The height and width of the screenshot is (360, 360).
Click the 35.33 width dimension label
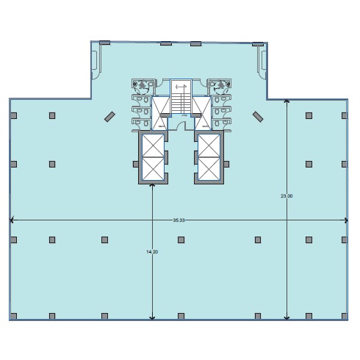(179, 220)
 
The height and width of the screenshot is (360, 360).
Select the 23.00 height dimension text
(287, 196)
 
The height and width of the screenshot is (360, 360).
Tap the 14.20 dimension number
(152, 251)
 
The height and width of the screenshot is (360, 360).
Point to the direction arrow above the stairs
(181, 86)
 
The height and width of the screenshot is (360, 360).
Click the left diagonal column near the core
(109, 117)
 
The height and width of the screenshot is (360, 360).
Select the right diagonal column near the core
(258, 117)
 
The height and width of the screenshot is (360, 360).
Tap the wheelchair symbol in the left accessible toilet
(142, 85)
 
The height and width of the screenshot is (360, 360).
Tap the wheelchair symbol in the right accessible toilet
(221, 85)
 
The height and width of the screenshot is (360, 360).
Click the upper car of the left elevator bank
(153, 145)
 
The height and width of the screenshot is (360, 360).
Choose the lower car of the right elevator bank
(209, 169)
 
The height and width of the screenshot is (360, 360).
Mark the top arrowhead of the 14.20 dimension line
(152, 185)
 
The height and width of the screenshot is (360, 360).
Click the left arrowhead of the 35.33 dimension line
(11, 220)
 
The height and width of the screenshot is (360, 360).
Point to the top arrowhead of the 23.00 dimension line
(287, 101)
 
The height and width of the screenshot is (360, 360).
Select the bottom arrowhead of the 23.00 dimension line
(287, 318)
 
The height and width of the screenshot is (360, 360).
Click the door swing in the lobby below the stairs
(181, 125)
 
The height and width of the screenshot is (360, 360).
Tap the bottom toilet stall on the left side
(141, 123)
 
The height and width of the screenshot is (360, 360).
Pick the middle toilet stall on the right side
(222, 112)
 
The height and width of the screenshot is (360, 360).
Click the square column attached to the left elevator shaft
(135, 164)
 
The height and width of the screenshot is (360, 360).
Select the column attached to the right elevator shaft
(226, 164)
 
